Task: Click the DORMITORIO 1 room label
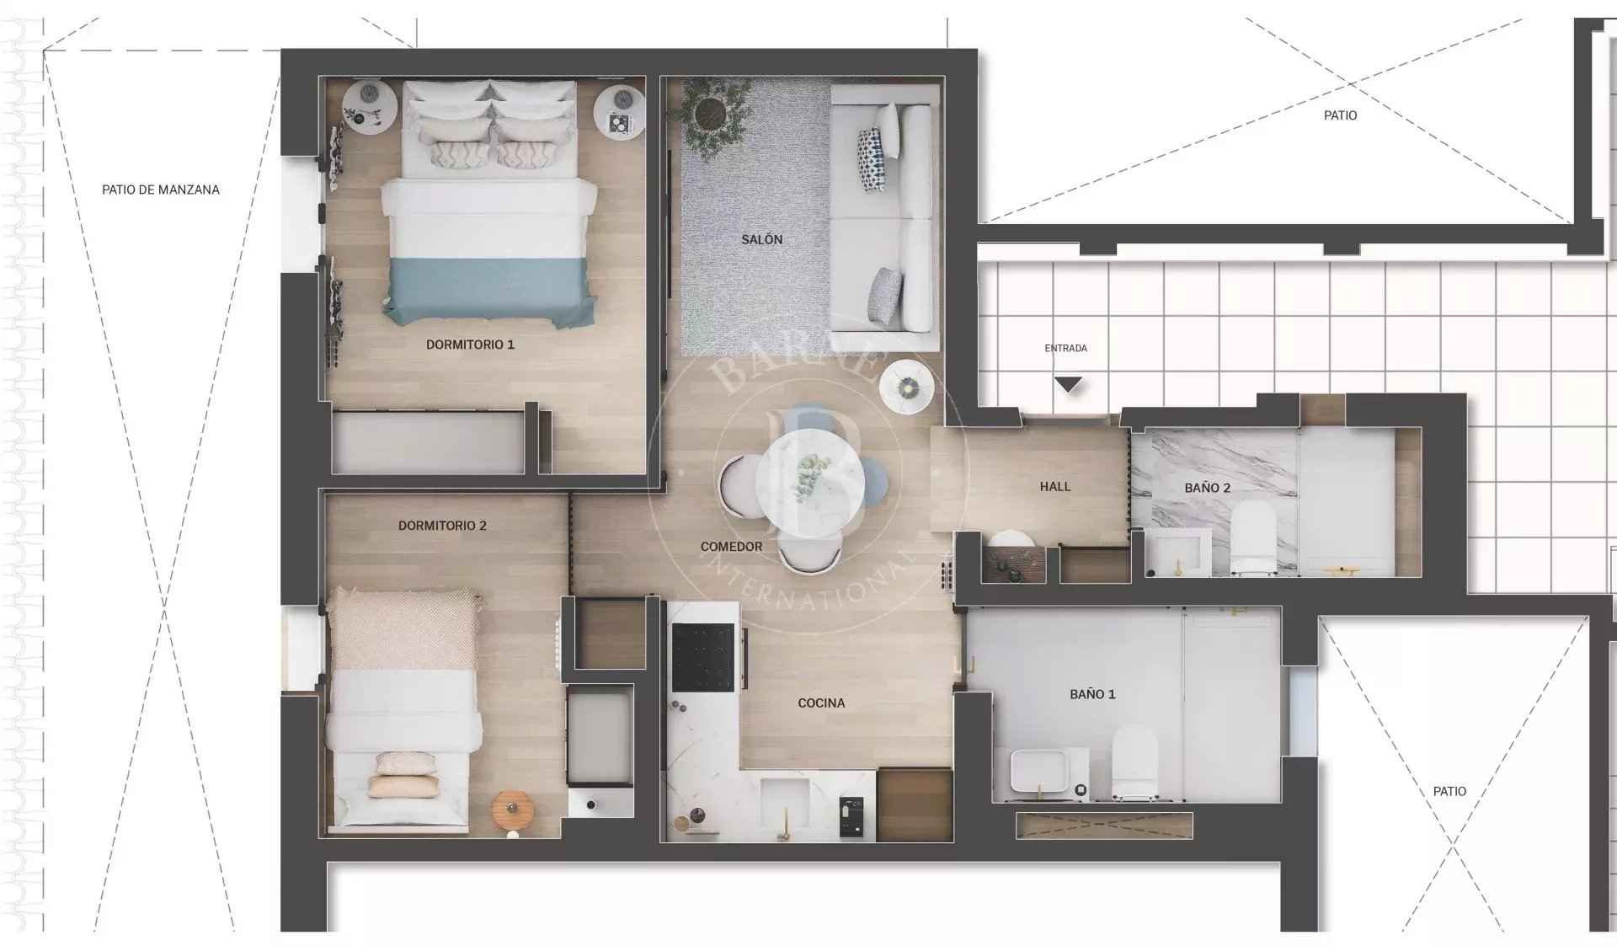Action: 470,345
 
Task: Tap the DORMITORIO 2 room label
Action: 442,526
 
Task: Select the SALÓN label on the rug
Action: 762,240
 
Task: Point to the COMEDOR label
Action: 731,547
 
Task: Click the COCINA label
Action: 821,703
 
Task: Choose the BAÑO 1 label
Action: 1092,695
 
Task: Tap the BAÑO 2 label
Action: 1207,489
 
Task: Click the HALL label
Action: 1055,487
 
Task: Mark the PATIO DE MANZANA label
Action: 161,190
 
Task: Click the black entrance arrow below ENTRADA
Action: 1068,385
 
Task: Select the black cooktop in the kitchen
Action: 703,657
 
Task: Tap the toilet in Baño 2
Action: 1253,537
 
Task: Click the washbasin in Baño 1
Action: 1039,772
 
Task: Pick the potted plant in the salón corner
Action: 714,114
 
